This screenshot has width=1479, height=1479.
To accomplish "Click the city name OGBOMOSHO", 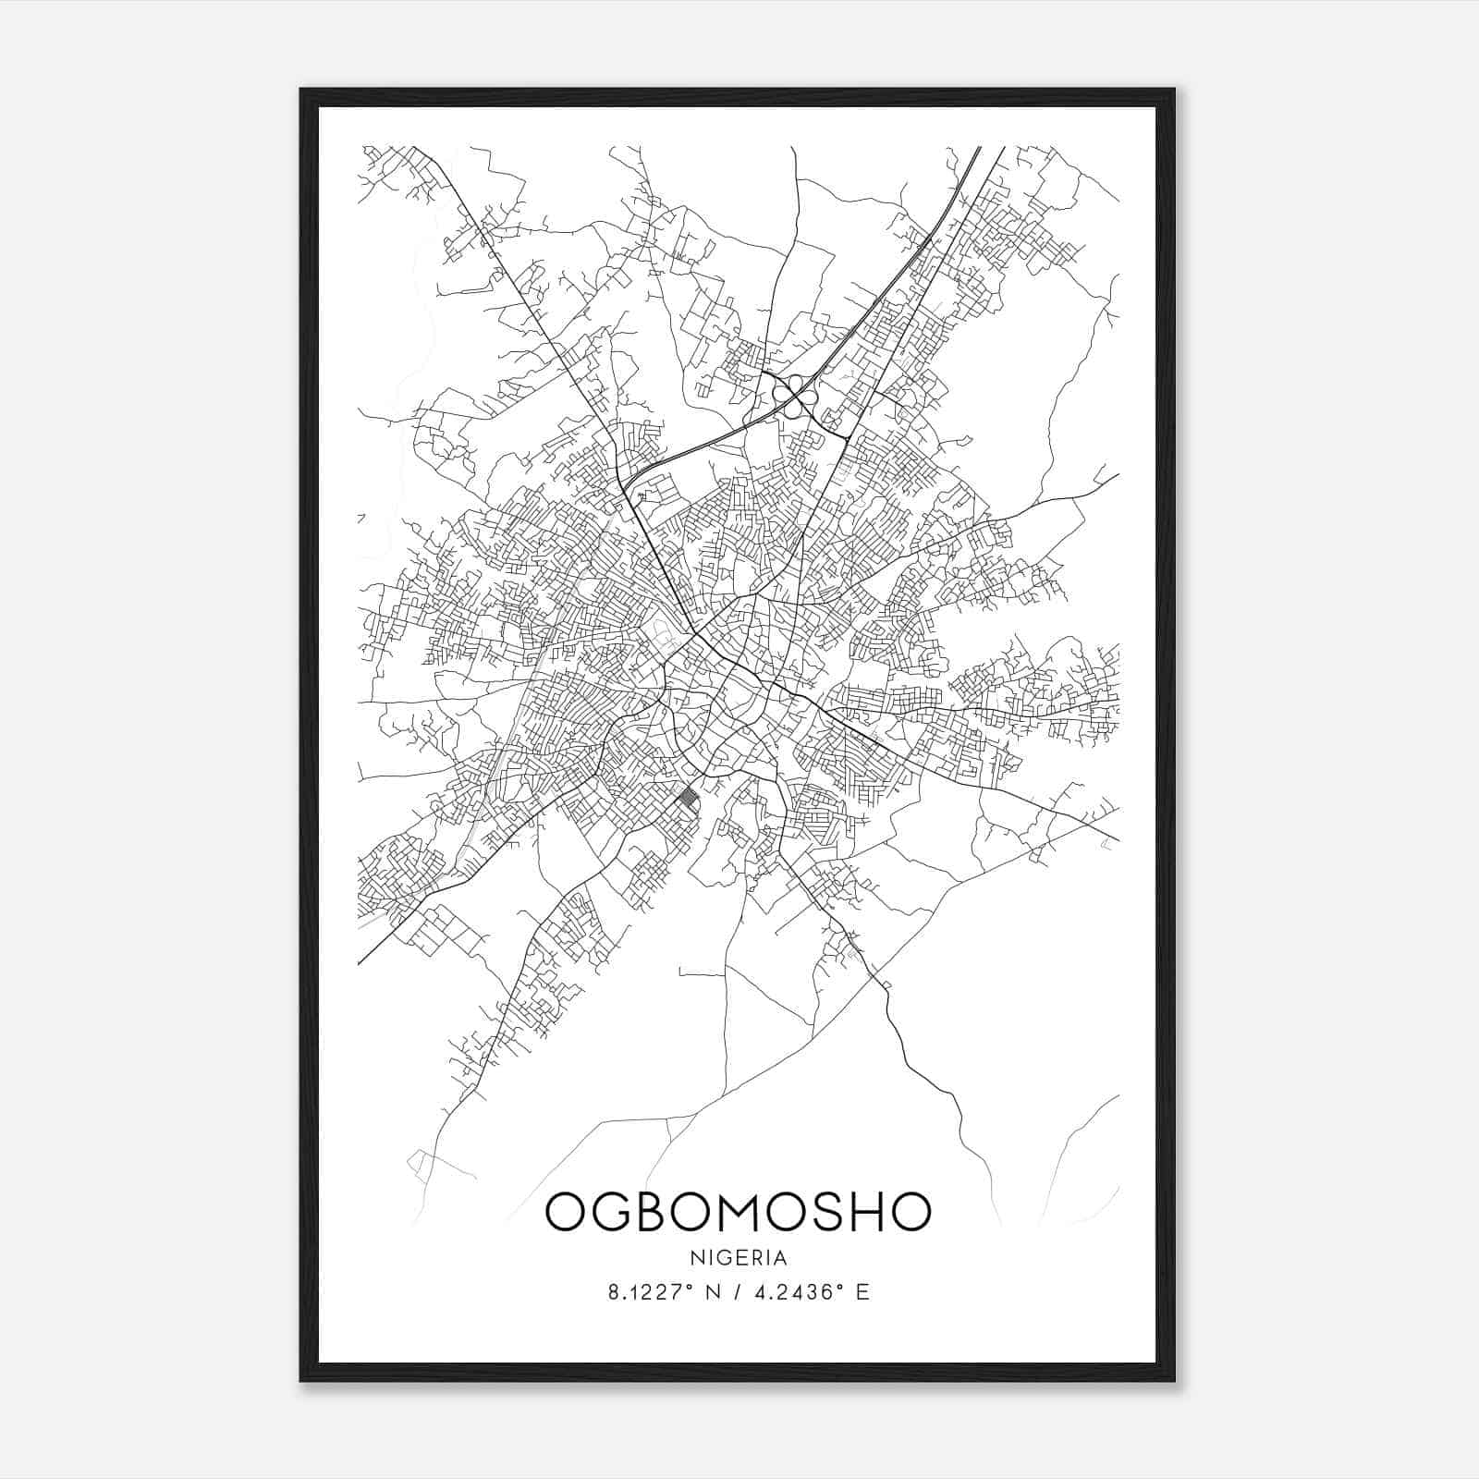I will pyautogui.click(x=738, y=1211).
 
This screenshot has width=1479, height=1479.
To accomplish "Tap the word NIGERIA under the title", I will pyautogui.click(x=738, y=1258).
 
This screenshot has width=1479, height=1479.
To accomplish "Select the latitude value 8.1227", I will pyautogui.click(x=642, y=1292).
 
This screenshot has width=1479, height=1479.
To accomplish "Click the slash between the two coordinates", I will pyautogui.click(x=736, y=1292).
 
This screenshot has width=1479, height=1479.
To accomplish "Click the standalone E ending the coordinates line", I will pyautogui.click(x=862, y=1292).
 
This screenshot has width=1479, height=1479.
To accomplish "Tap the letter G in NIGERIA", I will pyautogui.click(x=718, y=1258).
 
